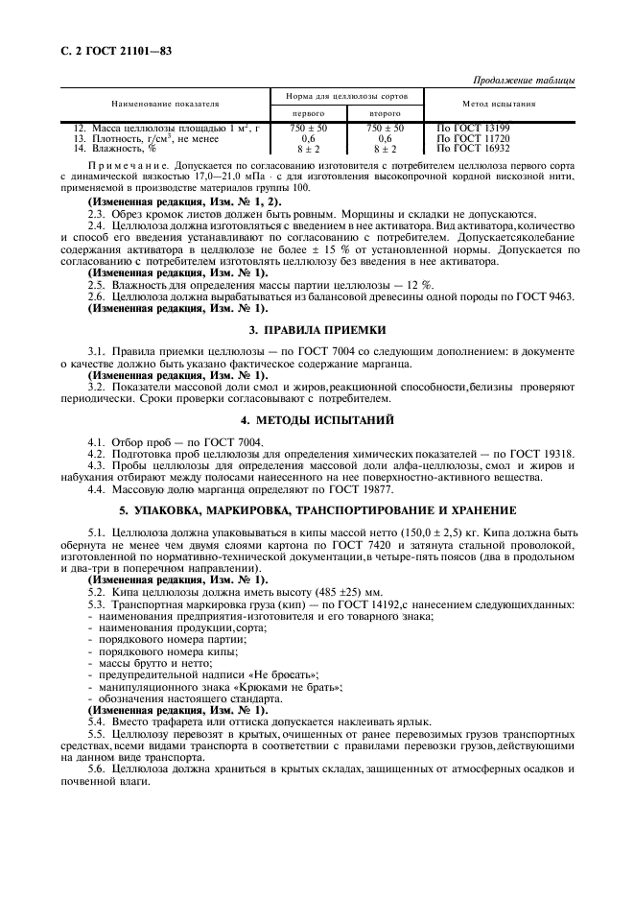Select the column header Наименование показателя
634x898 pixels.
165,103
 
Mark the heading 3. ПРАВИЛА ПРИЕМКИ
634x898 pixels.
317,329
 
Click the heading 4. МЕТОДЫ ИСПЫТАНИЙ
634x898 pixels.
317,419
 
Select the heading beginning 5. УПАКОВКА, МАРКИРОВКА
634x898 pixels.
317,508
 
